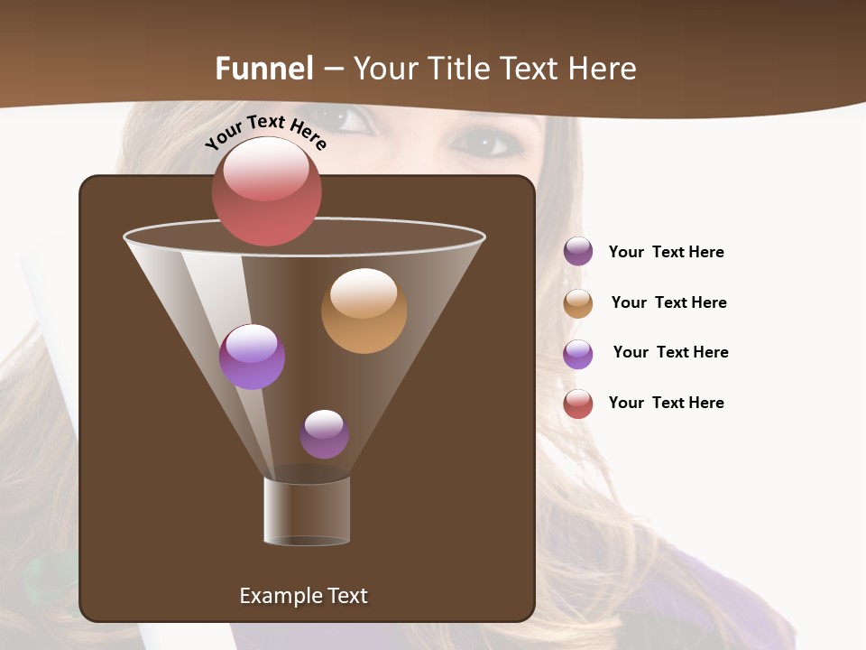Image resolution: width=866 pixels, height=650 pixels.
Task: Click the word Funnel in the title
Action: [264, 69]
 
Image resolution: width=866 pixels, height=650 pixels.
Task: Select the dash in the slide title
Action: [333, 70]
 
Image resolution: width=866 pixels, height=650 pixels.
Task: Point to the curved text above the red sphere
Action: [265, 132]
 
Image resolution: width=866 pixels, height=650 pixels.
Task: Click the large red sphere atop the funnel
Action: [267, 190]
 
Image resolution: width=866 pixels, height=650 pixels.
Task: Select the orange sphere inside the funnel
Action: [364, 311]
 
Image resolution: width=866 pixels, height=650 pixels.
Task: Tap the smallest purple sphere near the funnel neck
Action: [324, 434]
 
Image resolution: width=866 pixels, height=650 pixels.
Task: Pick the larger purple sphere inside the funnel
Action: [252, 357]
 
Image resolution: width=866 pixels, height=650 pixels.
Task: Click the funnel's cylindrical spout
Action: [307, 511]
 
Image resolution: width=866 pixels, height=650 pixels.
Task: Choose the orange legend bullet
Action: [578, 303]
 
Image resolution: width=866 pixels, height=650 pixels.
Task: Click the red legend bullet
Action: [578, 404]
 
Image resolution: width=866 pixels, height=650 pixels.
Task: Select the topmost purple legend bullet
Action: [578, 252]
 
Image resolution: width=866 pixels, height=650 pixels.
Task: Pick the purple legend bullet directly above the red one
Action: [578, 354]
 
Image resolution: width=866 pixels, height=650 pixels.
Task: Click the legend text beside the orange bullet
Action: [668, 302]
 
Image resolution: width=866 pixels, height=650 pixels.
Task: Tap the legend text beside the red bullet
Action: [666, 403]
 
